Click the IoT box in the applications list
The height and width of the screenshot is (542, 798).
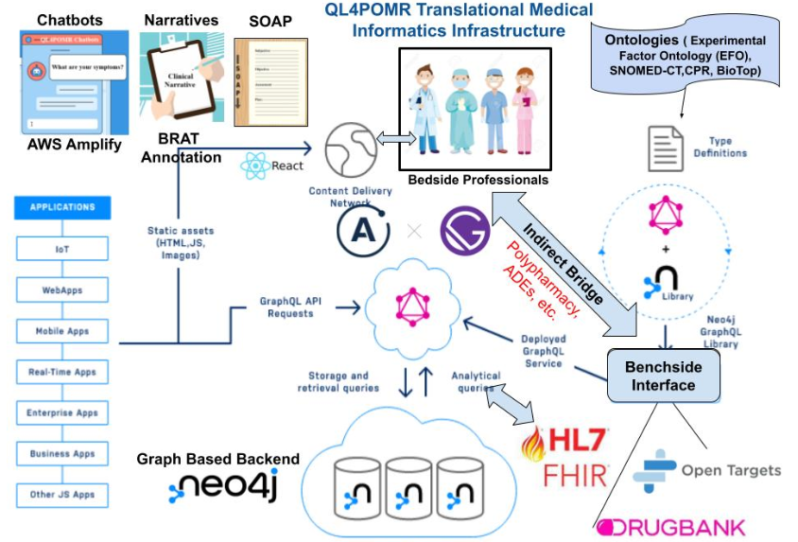(x=62, y=249)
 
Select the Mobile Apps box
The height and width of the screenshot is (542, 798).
(x=62, y=331)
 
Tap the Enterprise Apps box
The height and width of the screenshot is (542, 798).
(x=62, y=413)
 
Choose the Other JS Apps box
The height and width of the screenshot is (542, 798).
(x=62, y=495)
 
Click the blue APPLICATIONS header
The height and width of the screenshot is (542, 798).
(x=62, y=207)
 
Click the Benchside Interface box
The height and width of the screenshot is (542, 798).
(x=664, y=376)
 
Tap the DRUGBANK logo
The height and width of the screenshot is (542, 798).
(x=670, y=527)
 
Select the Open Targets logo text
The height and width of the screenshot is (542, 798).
(x=731, y=470)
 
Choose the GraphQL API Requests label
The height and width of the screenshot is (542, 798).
(x=287, y=306)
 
